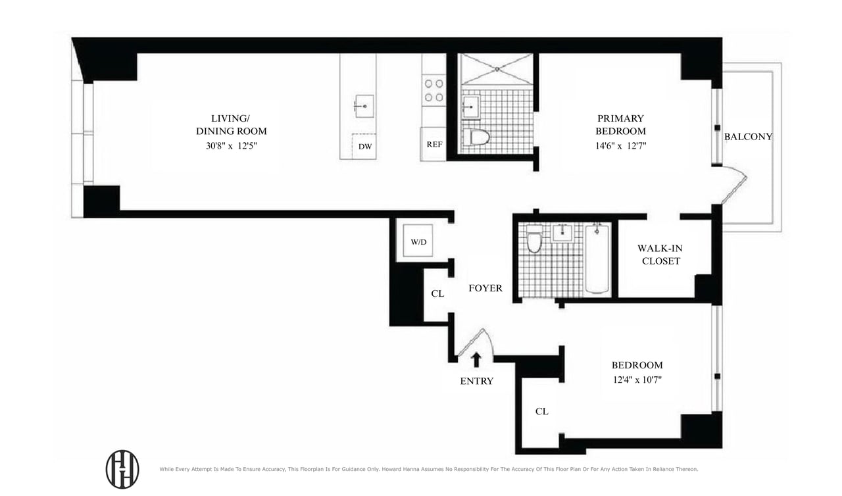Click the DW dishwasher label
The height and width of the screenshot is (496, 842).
point(365,146)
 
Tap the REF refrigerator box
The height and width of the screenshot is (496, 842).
point(433,145)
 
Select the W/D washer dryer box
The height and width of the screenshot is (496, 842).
point(419,241)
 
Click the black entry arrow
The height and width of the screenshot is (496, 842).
point(476,359)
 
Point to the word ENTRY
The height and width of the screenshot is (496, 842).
point(476,381)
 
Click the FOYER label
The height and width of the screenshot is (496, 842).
point(485,288)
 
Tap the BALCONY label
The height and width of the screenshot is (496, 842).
point(748,137)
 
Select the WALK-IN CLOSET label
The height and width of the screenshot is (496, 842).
point(658,255)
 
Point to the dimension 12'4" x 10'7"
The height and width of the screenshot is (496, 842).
point(637,379)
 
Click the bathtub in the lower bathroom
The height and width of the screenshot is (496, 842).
point(597,259)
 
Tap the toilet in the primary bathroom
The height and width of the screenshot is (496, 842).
point(476,137)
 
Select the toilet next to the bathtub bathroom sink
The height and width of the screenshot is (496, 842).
point(534,241)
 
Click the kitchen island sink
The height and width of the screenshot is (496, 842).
point(363,105)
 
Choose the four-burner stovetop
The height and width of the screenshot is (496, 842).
point(433,90)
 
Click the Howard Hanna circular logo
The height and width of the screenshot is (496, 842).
point(122,469)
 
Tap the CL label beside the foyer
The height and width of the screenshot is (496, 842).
point(437,294)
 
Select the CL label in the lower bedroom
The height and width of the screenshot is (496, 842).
point(541,411)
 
